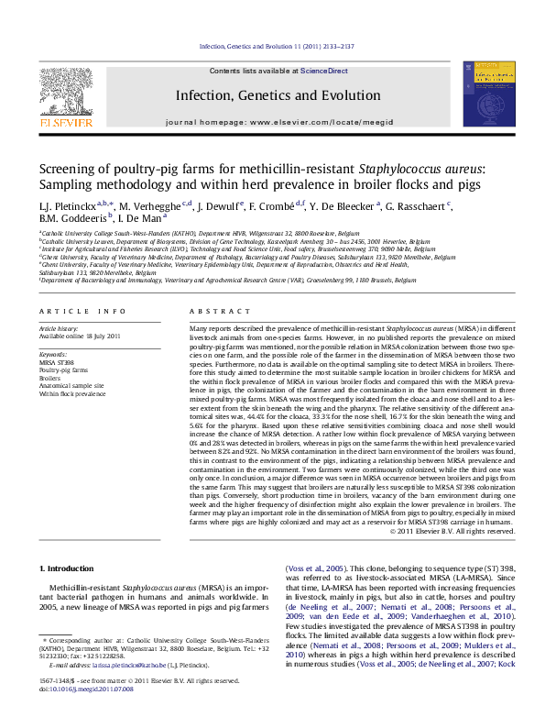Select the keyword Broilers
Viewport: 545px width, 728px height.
pyautogui.click(x=49, y=379)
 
